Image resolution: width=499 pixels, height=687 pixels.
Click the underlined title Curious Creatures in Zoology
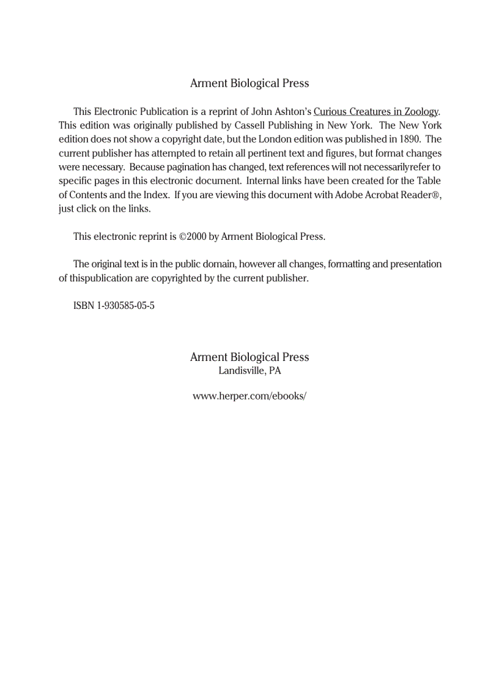[x=375, y=111]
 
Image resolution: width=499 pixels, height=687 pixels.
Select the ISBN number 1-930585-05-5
[x=125, y=305]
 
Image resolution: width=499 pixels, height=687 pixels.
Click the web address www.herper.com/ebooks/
[x=249, y=396]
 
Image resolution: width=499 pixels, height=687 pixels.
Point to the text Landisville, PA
[x=250, y=371]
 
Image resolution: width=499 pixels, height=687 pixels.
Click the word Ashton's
[x=292, y=111]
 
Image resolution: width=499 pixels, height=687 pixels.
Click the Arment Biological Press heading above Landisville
[x=250, y=357]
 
